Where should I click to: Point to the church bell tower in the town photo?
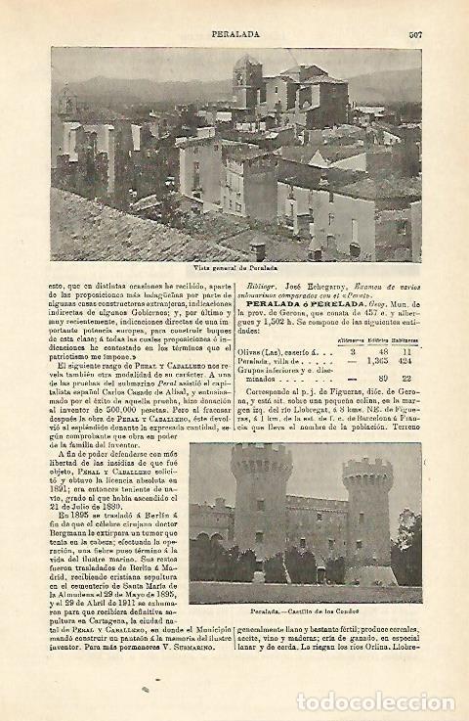coord(246,83)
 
